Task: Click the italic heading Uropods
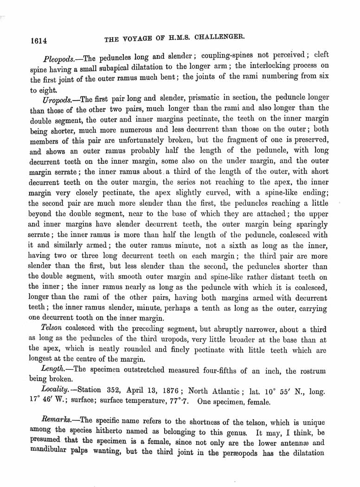click(x=58, y=99)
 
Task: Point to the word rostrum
click(x=312, y=371)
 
